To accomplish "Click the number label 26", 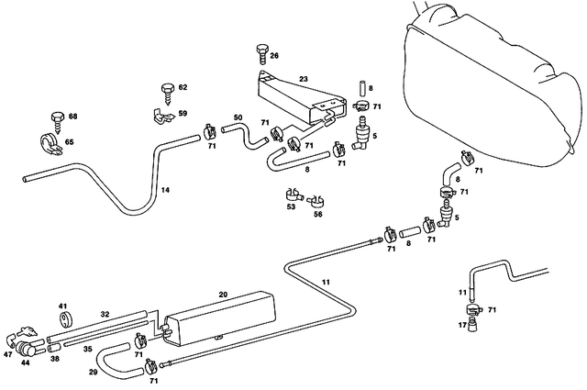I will click(274, 57).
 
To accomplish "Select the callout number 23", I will click(303, 79).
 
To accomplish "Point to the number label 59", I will click(183, 114).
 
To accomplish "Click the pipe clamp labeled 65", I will click(50, 144).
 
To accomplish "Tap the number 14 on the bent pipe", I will click(165, 190).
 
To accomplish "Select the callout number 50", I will click(238, 117).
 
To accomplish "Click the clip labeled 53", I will click(291, 195).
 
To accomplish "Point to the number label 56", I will click(318, 214).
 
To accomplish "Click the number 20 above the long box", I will click(223, 295).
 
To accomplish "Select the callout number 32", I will click(105, 314).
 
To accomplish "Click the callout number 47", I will click(8, 353).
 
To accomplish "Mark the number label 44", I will click(27, 364).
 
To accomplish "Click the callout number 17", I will click(461, 324).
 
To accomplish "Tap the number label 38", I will click(54, 359).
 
